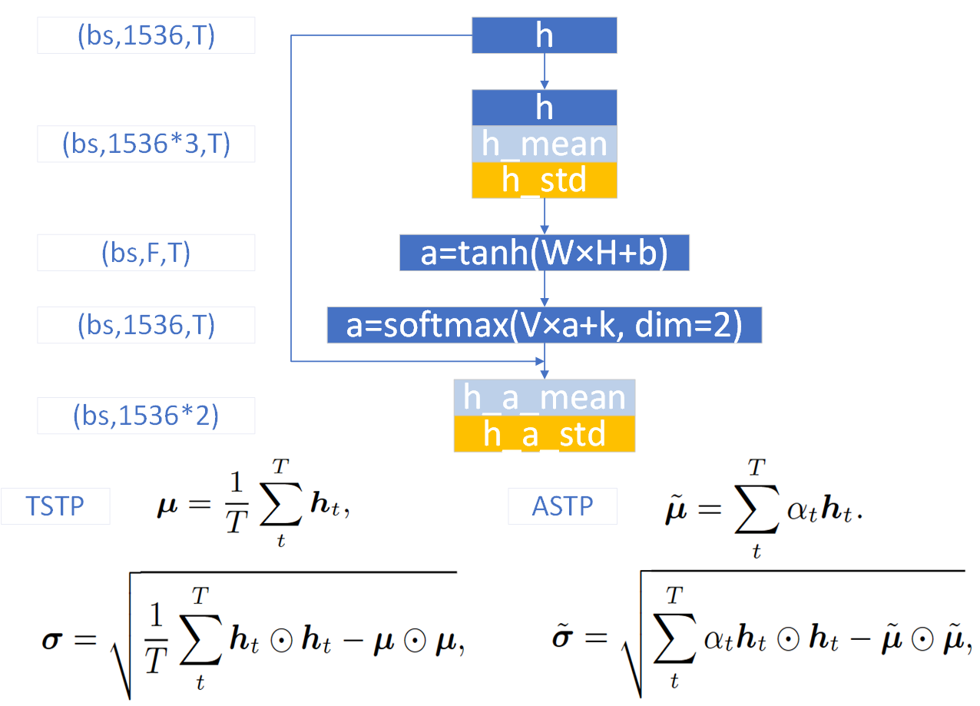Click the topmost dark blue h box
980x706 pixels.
(544, 36)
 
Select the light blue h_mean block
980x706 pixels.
(544, 144)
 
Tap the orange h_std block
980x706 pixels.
(544, 180)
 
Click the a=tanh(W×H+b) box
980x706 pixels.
(544, 254)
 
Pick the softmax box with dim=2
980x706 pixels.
(544, 325)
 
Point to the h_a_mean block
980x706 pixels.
(544, 398)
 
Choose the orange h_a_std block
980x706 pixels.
(544, 434)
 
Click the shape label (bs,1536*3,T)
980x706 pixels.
(146, 144)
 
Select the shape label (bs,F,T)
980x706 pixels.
(146, 253)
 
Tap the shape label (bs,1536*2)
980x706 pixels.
(146, 416)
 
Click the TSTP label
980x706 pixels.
(55, 507)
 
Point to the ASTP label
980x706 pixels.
(561, 506)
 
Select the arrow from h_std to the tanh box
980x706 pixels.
(545, 217)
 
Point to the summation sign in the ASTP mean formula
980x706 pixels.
(754, 510)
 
